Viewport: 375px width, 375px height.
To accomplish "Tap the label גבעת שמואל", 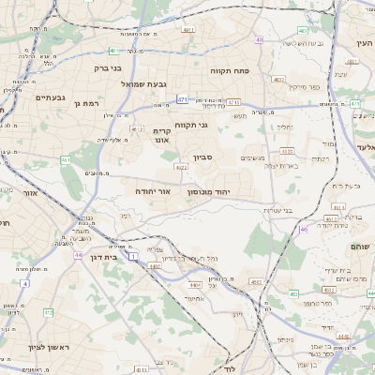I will pyautogui.click(x=143, y=83).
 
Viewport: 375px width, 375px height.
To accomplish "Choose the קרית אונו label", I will pyautogui.click(x=162, y=137).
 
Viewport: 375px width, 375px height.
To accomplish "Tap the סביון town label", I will pyautogui.click(x=203, y=157).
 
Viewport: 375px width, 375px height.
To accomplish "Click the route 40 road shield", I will pyautogui.click(x=259, y=39).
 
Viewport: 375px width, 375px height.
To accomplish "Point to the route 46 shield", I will pyautogui.click(x=302, y=229).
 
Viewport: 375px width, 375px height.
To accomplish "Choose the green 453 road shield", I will pyautogui.click(x=294, y=293).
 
